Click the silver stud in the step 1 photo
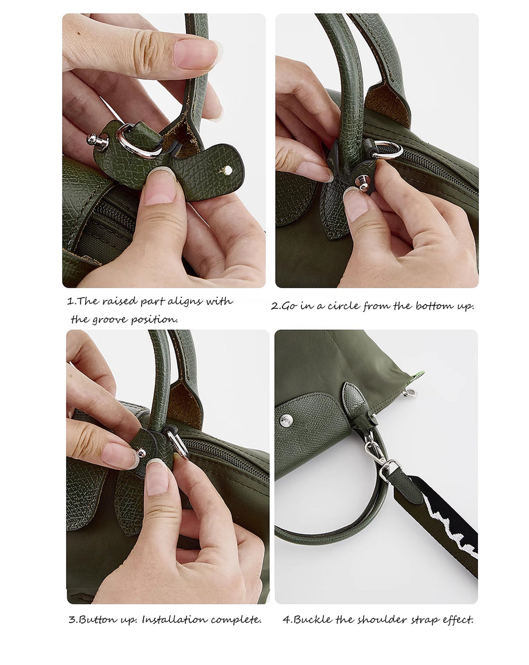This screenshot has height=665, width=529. click(x=97, y=140)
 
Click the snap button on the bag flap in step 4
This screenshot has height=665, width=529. click(x=286, y=420)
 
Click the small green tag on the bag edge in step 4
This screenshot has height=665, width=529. click(x=419, y=375)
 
